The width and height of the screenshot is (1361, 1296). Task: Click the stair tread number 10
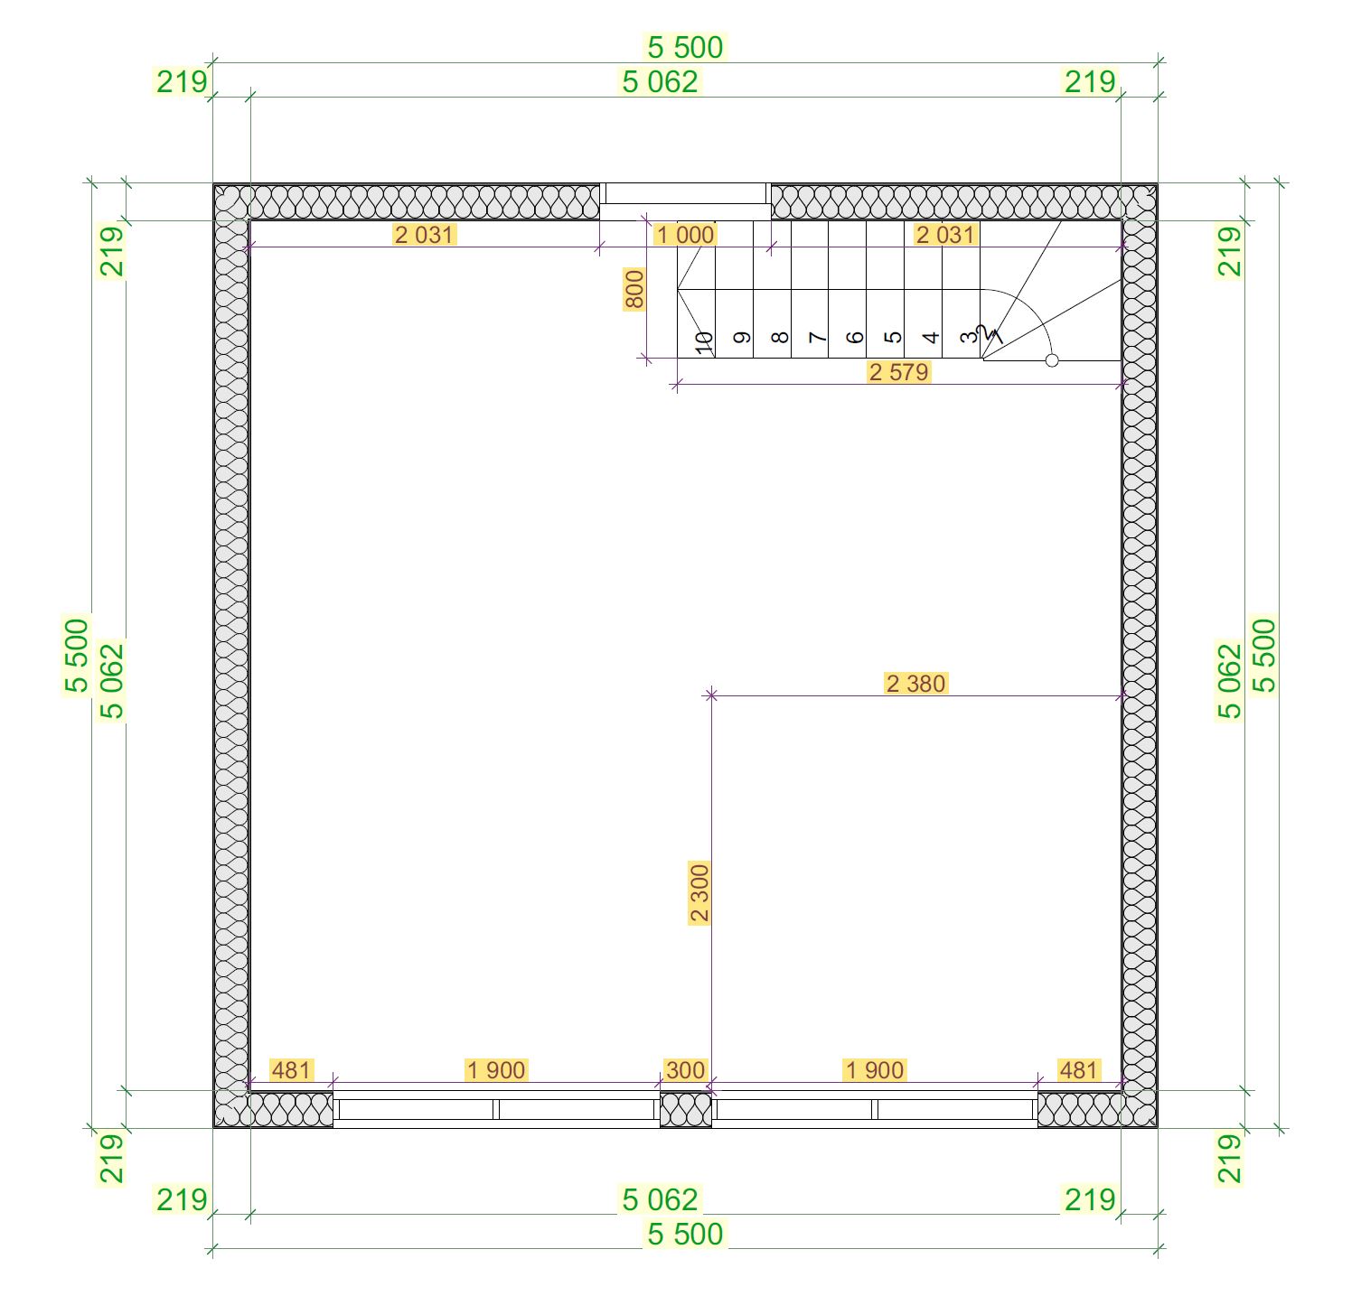(x=705, y=341)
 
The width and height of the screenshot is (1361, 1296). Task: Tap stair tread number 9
(x=742, y=338)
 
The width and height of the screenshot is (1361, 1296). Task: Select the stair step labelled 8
(x=780, y=338)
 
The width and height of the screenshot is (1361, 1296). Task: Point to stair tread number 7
(x=818, y=338)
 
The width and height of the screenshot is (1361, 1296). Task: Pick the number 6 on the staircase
(x=855, y=338)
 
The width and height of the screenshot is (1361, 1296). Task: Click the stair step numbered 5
(x=893, y=338)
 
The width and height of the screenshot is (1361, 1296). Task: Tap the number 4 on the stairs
(x=931, y=338)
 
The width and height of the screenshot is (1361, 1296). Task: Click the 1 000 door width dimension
(x=685, y=235)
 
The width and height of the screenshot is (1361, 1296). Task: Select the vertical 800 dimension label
(x=634, y=289)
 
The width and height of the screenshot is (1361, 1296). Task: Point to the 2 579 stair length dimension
(x=898, y=372)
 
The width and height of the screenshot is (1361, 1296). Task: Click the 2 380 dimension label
(x=916, y=683)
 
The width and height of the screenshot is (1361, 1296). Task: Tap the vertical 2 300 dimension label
(x=699, y=893)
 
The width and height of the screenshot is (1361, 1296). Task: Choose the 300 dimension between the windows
(x=685, y=1070)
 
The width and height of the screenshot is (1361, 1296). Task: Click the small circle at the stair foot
(x=1052, y=360)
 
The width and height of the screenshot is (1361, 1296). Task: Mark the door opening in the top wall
(x=686, y=200)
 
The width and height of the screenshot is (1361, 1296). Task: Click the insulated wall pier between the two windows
(x=686, y=1110)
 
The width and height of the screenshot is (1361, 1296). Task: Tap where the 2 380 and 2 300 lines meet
(x=711, y=695)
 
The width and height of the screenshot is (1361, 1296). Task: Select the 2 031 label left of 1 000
(x=425, y=235)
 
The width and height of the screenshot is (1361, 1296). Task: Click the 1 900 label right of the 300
(x=874, y=1070)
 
